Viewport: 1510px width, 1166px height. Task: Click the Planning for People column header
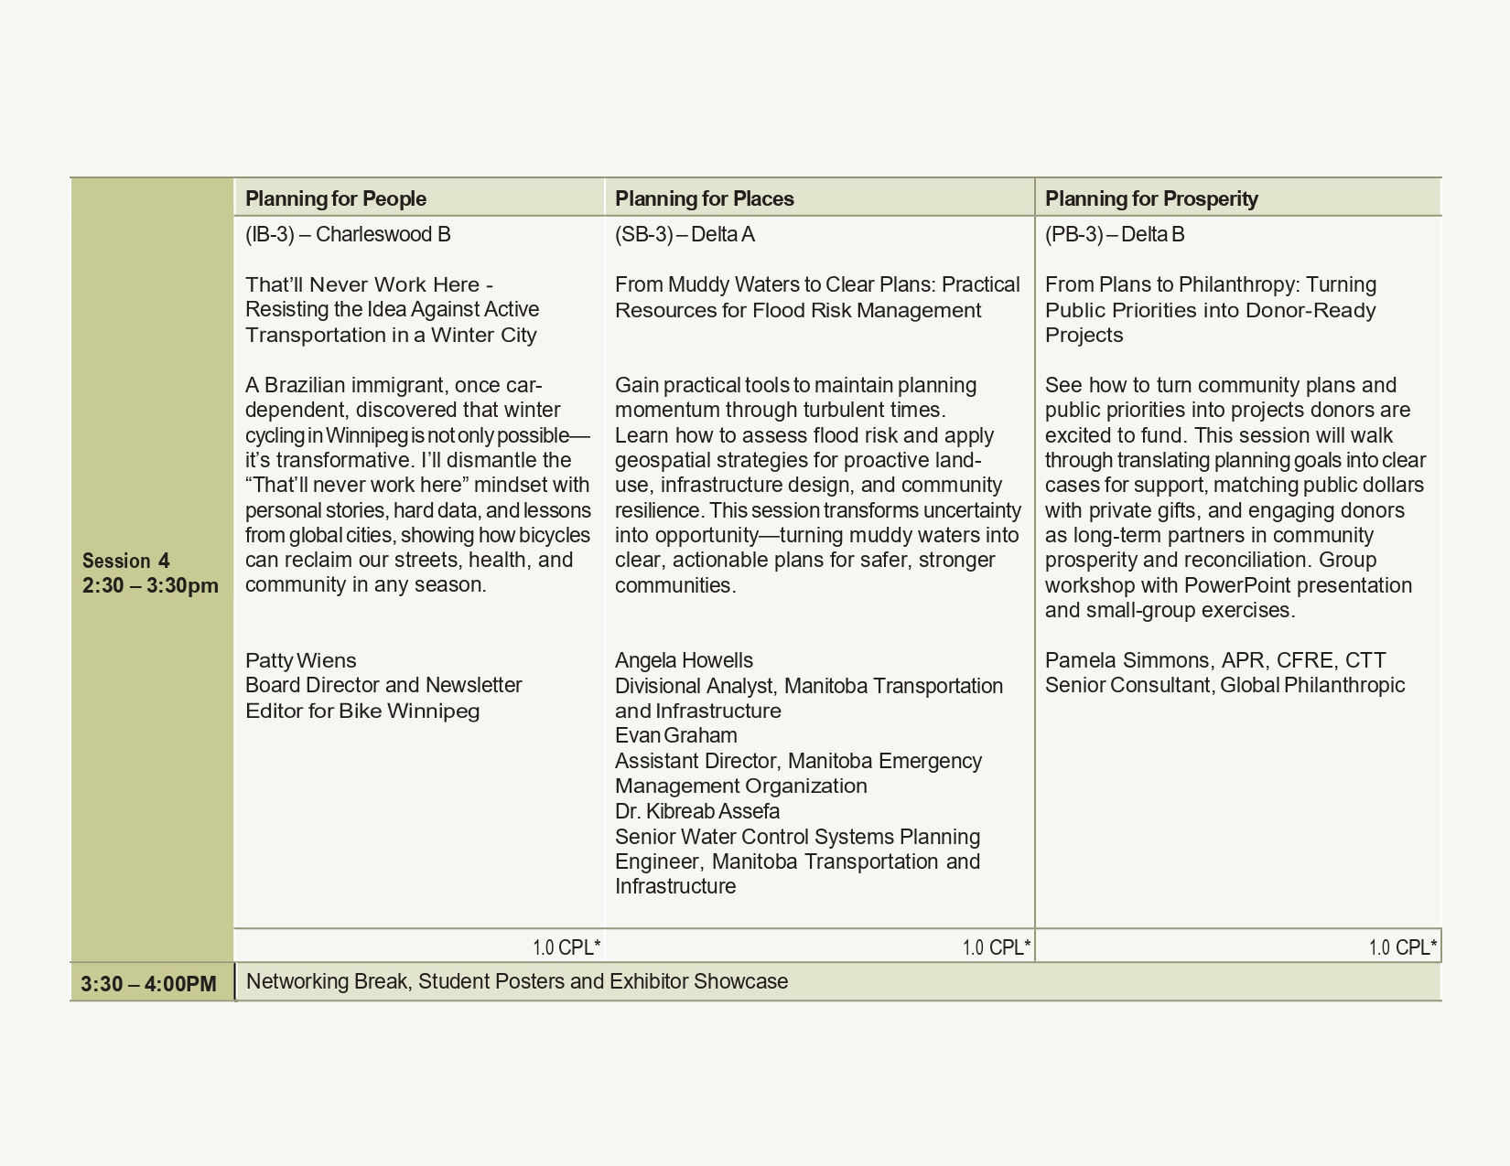[x=336, y=198]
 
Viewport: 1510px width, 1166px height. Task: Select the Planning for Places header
[x=704, y=198]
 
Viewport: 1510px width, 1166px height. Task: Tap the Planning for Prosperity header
[x=1151, y=198]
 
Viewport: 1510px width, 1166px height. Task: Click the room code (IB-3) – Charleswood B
[x=348, y=235]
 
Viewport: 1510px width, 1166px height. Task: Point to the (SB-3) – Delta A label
[x=685, y=235]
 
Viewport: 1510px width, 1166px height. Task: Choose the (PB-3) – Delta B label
[x=1115, y=235]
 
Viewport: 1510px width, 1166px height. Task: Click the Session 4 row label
[x=125, y=561]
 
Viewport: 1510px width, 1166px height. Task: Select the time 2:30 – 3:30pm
[x=150, y=585]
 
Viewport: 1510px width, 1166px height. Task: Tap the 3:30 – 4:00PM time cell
[x=148, y=984]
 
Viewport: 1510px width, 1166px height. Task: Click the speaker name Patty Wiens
[x=300, y=660]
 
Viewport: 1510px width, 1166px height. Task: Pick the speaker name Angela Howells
[x=684, y=660]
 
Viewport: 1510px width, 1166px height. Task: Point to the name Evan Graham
[x=675, y=735]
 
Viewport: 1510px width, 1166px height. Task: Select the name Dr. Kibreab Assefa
[x=697, y=811]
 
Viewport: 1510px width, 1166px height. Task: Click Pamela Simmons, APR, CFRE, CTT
[x=1215, y=660]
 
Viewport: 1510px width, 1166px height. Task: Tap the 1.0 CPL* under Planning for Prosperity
[x=1402, y=947]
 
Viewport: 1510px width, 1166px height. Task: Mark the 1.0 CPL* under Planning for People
[x=566, y=947]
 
